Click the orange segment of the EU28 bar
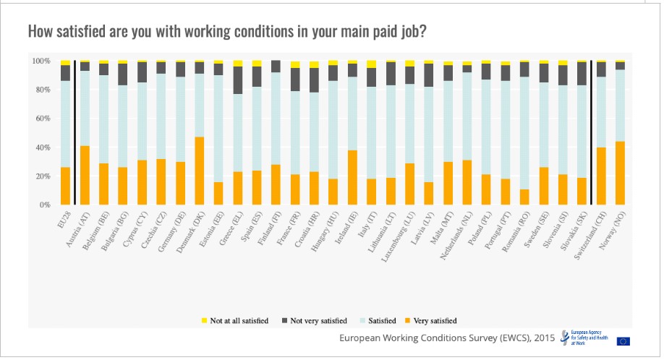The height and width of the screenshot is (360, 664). point(66,186)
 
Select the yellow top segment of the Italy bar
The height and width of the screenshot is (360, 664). point(372,64)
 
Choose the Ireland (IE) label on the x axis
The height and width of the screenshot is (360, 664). point(343,227)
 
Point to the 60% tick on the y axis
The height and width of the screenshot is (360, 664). point(41,119)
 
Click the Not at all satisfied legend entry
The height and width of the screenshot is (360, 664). point(238,320)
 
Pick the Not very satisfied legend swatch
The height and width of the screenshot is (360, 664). point(285,320)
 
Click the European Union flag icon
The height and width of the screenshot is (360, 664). point(623,340)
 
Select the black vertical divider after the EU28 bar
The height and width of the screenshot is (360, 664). point(76,133)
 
